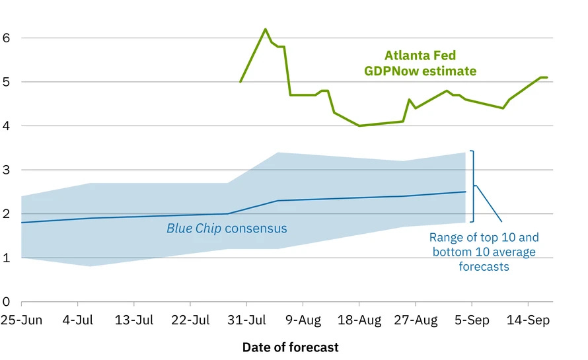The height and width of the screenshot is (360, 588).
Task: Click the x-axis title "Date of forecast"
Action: click(x=290, y=347)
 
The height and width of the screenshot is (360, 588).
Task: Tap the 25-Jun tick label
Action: click(x=21, y=320)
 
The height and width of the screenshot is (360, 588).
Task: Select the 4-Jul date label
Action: click(x=77, y=320)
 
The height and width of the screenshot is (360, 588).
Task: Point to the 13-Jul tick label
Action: click(x=134, y=320)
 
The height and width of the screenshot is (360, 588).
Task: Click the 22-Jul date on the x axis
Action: click(x=190, y=320)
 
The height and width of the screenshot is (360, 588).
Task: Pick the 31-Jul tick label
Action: click(x=246, y=320)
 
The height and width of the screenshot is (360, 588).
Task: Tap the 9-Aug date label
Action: click(x=303, y=320)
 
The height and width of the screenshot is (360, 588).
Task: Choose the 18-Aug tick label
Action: click(x=359, y=320)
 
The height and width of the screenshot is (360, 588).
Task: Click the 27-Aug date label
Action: click(x=416, y=320)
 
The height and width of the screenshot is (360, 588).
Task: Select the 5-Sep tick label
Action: click(x=472, y=320)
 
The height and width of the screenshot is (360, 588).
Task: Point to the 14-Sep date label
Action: click(x=528, y=320)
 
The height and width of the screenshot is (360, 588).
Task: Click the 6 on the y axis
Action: click(x=6, y=38)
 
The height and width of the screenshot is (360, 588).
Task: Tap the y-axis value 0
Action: click(x=6, y=302)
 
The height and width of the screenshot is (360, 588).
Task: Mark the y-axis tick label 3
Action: click(x=6, y=170)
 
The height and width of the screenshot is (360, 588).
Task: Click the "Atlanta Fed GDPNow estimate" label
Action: click(x=420, y=63)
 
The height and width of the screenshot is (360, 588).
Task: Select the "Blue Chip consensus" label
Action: click(x=227, y=229)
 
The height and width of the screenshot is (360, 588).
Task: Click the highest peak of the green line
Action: click(x=265, y=29)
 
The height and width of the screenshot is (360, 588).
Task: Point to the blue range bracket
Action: click(x=473, y=186)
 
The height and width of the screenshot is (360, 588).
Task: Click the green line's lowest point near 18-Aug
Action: click(x=359, y=126)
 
